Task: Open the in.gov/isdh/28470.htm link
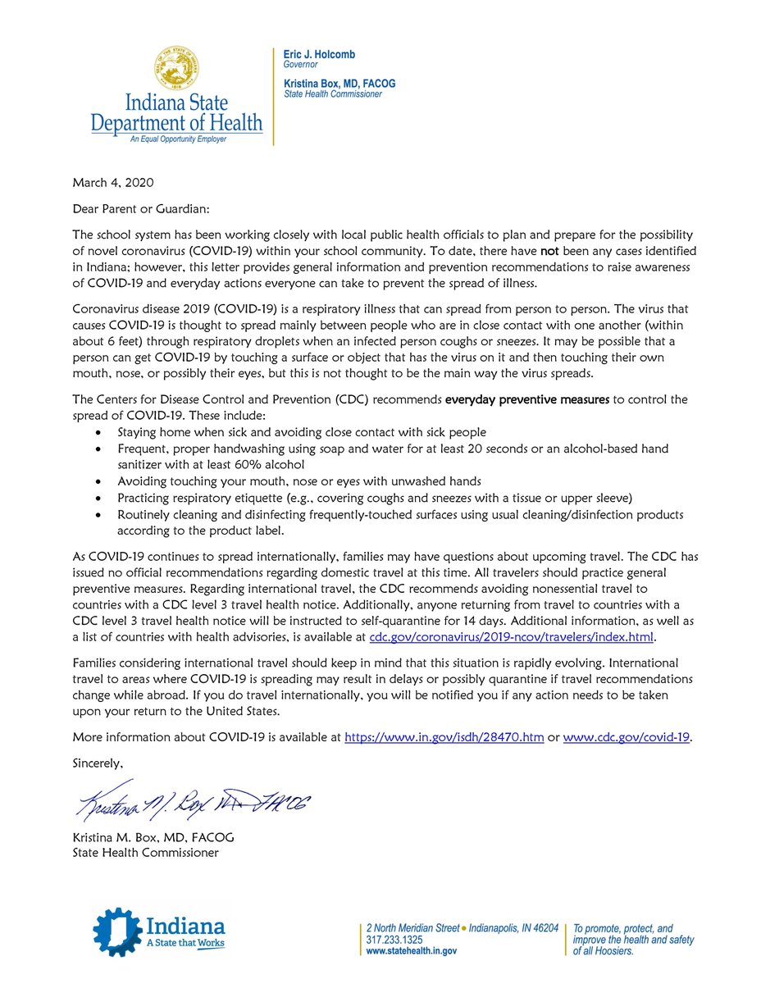point(444,736)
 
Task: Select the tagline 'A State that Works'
point(184,944)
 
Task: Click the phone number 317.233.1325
point(395,941)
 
